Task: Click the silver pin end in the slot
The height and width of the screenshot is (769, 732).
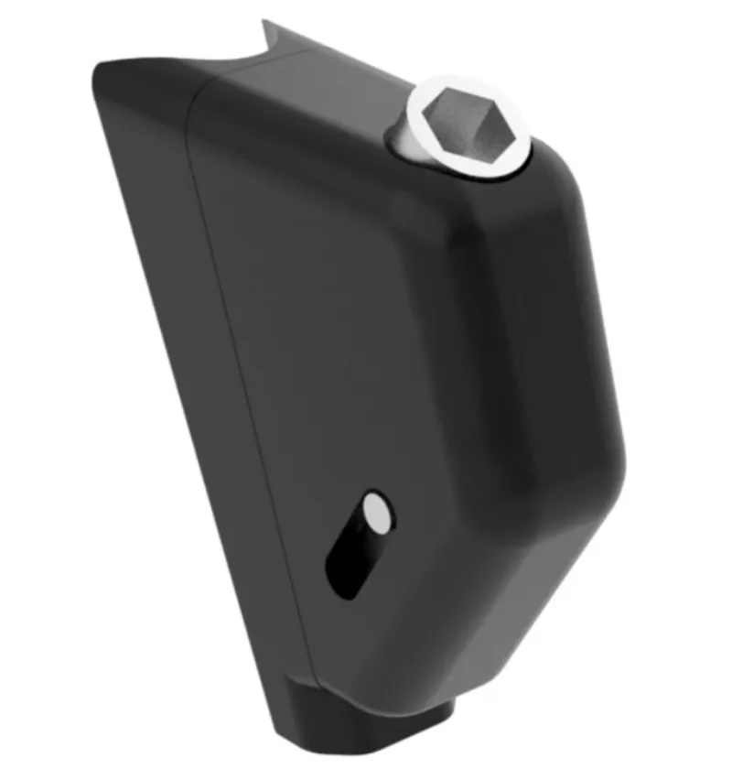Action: click(x=375, y=514)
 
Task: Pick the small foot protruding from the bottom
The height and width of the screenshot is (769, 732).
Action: click(x=375, y=723)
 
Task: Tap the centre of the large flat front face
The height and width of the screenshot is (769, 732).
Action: click(x=366, y=348)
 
